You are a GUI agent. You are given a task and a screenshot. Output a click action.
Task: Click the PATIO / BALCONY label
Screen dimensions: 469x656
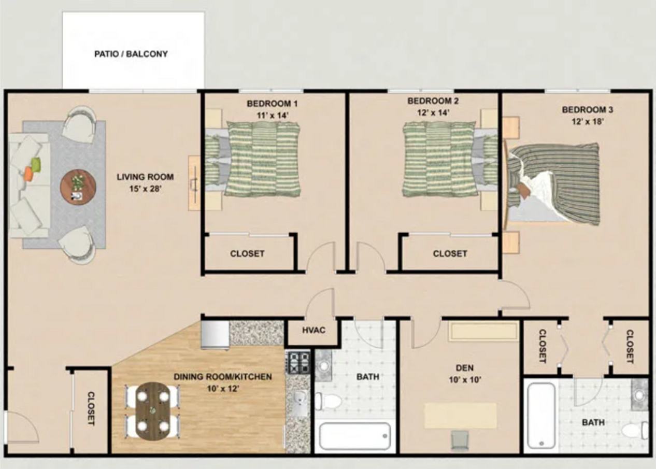[x=131, y=54]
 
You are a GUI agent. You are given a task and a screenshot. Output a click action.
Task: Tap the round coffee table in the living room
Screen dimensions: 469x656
[x=78, y=187]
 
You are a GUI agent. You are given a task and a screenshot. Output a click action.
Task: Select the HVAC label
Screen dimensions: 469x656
[x=313, y=330]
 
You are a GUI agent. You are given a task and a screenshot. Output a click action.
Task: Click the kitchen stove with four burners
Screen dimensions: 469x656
[x=298, y=362]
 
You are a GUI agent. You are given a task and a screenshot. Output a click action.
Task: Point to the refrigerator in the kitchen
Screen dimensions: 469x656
[x=215, y=335]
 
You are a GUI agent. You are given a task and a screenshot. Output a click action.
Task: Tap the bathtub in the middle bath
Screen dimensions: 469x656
[x=354, y=436]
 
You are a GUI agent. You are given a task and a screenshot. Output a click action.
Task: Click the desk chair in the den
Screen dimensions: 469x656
[x=460, y=441]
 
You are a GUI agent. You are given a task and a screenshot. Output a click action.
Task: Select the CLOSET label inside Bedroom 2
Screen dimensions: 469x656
[x=450, y=253]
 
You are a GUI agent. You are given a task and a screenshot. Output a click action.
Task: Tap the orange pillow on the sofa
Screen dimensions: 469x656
[x=28, y=174]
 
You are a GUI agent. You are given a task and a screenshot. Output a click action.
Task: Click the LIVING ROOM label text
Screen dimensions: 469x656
[x=145, y=177]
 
